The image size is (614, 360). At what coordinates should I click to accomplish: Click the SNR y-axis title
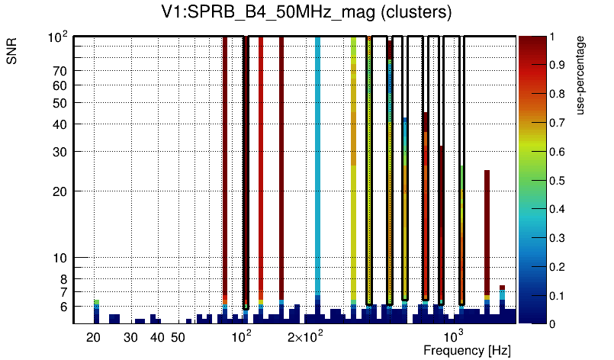pos(13,53)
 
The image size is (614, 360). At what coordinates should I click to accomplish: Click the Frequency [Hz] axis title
pos(467,350)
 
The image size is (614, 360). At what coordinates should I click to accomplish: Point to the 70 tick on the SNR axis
pos(61,71)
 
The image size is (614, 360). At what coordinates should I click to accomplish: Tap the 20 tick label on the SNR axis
pos(61,191)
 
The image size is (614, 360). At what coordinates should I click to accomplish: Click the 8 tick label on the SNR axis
pos(64,278)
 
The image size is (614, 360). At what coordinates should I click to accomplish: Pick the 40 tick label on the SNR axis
pos(61,124)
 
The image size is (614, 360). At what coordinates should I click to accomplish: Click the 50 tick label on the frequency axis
pos(178,337)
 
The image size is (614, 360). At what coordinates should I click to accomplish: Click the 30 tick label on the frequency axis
pos(130,337)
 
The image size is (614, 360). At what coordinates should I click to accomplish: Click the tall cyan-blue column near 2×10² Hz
pos(317,168)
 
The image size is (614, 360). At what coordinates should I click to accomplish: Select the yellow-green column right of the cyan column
pos(354,168)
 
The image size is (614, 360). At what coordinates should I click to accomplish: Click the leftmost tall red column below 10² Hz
pos(225,168)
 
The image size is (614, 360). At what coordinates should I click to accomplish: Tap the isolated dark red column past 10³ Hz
pos(487,229)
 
